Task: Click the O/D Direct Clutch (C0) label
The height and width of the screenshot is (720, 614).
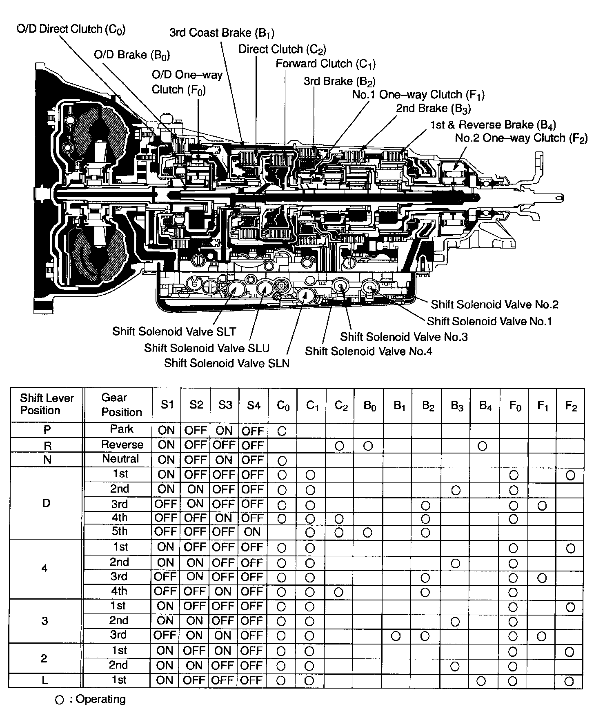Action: click(x=71, y=29)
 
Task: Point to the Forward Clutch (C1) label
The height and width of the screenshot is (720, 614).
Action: click(x=325, y=64)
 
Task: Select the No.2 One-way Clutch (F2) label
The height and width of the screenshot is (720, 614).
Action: click(x=521, y=138)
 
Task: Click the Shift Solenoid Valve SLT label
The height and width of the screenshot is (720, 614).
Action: click(x=174, y=331)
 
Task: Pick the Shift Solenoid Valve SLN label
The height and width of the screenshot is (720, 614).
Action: click(x=227, y=363)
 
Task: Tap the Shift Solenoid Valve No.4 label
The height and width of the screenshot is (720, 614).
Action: click(x=368, y=351)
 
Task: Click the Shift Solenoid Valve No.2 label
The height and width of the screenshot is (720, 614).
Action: click(x=494, y=304)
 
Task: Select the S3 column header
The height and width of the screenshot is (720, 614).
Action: click(x=225, y=404)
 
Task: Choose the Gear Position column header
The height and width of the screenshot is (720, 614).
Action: click(x=121, y=404)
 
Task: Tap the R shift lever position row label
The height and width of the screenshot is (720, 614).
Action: click(x=47, y=446)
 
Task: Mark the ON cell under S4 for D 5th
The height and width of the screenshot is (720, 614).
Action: click(x=253, y=532)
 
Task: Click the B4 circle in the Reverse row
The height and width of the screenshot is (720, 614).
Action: click(x=482, y=446)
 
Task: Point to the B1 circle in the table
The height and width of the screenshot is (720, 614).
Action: click(x=396, y=636)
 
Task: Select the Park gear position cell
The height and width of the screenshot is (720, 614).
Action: click(x=122, y=429)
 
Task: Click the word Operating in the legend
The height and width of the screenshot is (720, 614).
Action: click(x=101, y=699)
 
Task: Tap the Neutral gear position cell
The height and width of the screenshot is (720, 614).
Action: click(x=121, y=459)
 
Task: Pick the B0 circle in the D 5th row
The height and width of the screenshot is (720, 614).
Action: click(x=367, y=532)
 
